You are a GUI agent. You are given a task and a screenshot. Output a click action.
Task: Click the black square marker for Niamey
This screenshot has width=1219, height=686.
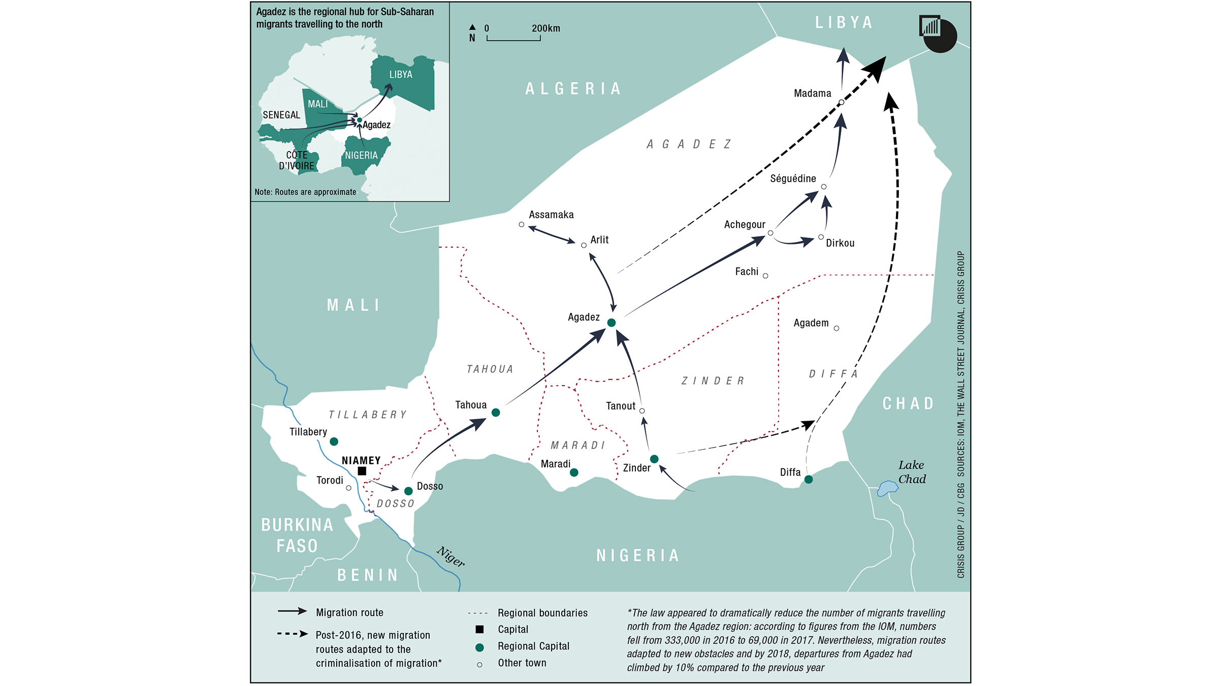362,471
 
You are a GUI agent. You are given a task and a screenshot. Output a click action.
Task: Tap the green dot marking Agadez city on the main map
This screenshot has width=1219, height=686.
612,323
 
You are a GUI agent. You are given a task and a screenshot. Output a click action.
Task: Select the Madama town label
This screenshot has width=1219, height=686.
813,93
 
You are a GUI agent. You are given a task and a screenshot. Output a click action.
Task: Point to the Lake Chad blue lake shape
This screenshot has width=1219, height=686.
887,488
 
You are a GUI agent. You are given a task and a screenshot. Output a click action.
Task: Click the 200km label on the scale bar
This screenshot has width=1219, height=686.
546,28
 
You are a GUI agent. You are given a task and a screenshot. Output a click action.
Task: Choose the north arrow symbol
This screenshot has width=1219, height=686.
472,27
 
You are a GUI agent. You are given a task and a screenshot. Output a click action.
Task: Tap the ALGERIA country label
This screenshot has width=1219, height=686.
573,89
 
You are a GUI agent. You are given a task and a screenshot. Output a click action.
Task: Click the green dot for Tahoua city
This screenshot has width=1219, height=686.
496,413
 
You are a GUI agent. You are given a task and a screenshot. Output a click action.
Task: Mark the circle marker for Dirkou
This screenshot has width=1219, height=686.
821,237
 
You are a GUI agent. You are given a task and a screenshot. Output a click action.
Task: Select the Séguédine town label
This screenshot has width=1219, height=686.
793,179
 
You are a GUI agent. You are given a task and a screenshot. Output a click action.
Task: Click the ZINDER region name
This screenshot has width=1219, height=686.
713,381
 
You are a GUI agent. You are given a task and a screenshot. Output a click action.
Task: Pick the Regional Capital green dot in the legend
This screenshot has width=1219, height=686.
479,647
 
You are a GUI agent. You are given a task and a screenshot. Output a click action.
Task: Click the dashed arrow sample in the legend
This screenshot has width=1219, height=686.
293,634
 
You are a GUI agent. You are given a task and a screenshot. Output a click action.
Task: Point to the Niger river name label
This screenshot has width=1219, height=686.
451,556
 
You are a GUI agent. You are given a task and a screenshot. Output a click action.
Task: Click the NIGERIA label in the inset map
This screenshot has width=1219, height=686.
361,155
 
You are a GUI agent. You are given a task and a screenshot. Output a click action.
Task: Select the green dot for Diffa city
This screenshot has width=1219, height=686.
809,480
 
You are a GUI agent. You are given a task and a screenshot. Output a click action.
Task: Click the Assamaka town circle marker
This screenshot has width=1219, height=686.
522,225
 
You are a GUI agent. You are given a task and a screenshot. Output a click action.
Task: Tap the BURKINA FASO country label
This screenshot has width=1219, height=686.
297,536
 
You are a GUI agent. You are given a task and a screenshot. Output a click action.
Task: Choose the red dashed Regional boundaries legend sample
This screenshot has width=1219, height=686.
477,613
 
